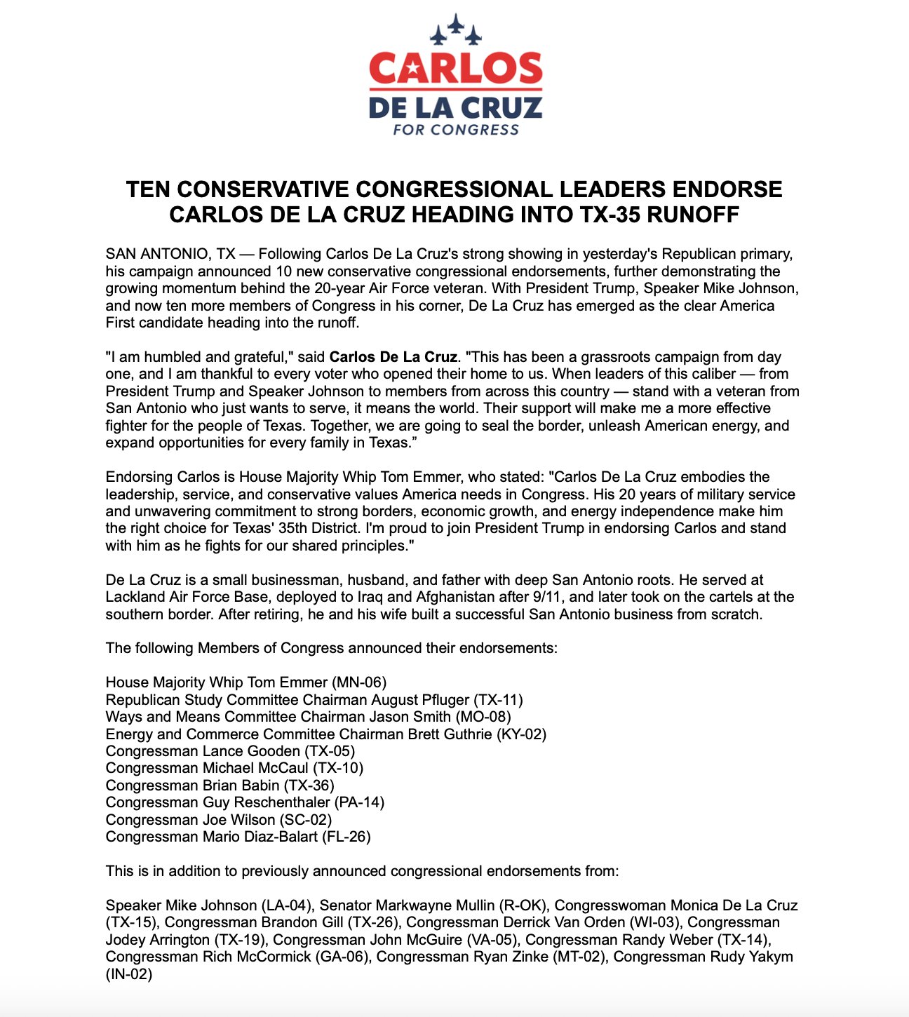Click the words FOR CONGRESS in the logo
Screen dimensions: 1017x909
456,130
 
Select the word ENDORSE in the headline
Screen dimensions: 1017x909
727,189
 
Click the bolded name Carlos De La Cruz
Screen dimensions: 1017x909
393,357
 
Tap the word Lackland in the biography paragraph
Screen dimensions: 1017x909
135,597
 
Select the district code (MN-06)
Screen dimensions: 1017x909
359,682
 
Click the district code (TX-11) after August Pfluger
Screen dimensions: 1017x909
498,700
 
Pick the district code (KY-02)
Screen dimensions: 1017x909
521,734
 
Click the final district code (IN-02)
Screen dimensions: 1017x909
129,974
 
